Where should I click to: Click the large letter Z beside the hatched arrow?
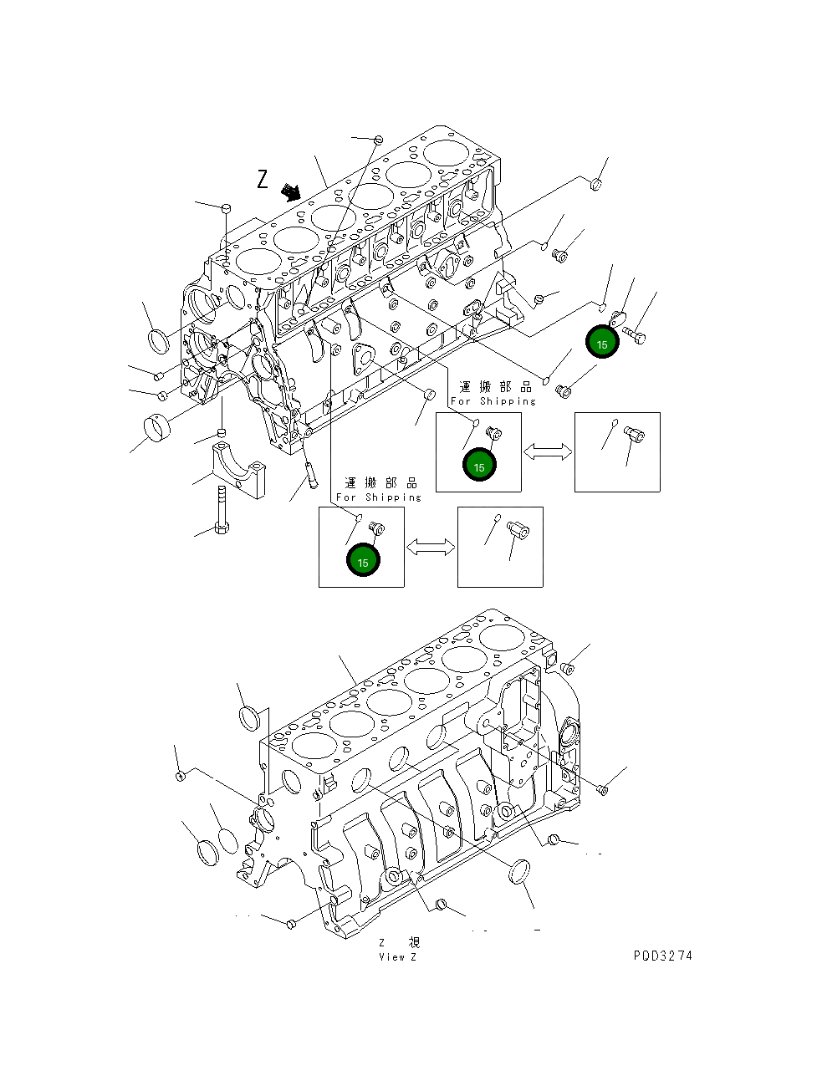click(263, 179)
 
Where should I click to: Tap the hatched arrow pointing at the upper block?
click(290, 192)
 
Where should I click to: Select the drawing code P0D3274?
click(662, 956)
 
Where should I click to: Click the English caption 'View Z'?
click(397, 957)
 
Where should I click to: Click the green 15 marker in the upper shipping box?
click(479, 467)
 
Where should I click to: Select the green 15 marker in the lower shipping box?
click(363, 562)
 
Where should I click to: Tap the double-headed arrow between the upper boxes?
click(548, 451)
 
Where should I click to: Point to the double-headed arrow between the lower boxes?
click(431, 547)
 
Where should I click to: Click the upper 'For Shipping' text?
click(493, 401)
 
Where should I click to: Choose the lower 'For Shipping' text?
click(378, 497)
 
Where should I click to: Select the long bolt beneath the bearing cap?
click(221, 510)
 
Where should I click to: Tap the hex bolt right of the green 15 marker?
click(635, 336)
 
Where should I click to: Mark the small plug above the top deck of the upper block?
click(378, 139)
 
